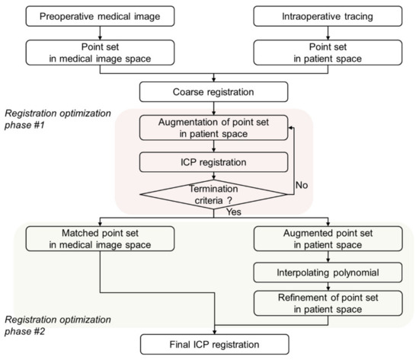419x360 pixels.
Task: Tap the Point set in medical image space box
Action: (101, 53)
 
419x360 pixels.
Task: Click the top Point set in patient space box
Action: (318, 53)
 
